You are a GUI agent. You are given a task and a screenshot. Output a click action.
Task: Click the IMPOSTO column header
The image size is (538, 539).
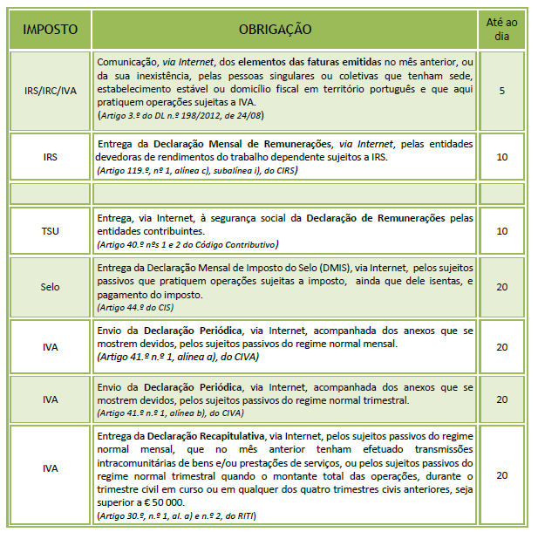tap(51, 30)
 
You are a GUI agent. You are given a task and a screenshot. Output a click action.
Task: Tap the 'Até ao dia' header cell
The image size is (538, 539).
tap(501, 30)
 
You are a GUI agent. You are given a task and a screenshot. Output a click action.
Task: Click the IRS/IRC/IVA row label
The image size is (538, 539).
tap(51, 89)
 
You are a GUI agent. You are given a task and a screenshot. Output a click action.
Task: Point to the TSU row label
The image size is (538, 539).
tap(51, 231)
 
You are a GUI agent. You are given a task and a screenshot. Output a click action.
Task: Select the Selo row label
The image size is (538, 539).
tap(51, 286)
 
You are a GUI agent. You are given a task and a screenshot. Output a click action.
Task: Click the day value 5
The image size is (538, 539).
tap(501, 89)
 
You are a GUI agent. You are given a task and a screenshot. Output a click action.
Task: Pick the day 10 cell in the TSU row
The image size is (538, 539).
tap(501, 231)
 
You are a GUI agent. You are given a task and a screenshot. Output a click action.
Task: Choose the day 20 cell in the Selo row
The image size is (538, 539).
tap(501, 286)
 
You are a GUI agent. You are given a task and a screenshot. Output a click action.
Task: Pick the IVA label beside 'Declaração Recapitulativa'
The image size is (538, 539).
tap(51, 469)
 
